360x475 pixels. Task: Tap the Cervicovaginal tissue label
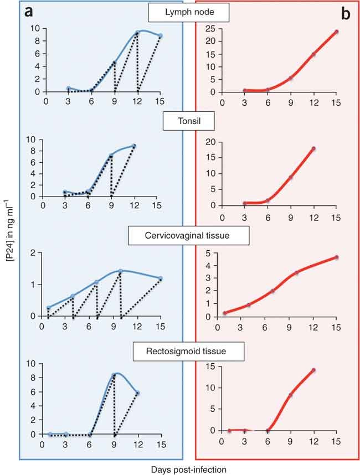(187, 235)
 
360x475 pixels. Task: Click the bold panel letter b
(345, 14)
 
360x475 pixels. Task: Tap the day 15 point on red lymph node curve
(336, 32)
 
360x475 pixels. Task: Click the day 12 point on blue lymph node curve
(137, 32)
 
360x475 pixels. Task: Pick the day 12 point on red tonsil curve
(313, 148)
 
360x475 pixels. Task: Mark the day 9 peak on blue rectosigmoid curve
(114, 375)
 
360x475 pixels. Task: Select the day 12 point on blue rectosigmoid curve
(137, 393)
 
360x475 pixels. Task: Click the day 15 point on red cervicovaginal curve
(336, 257)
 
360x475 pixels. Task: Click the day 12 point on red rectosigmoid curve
(313, 370)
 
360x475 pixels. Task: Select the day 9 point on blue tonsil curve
(111, 156)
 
